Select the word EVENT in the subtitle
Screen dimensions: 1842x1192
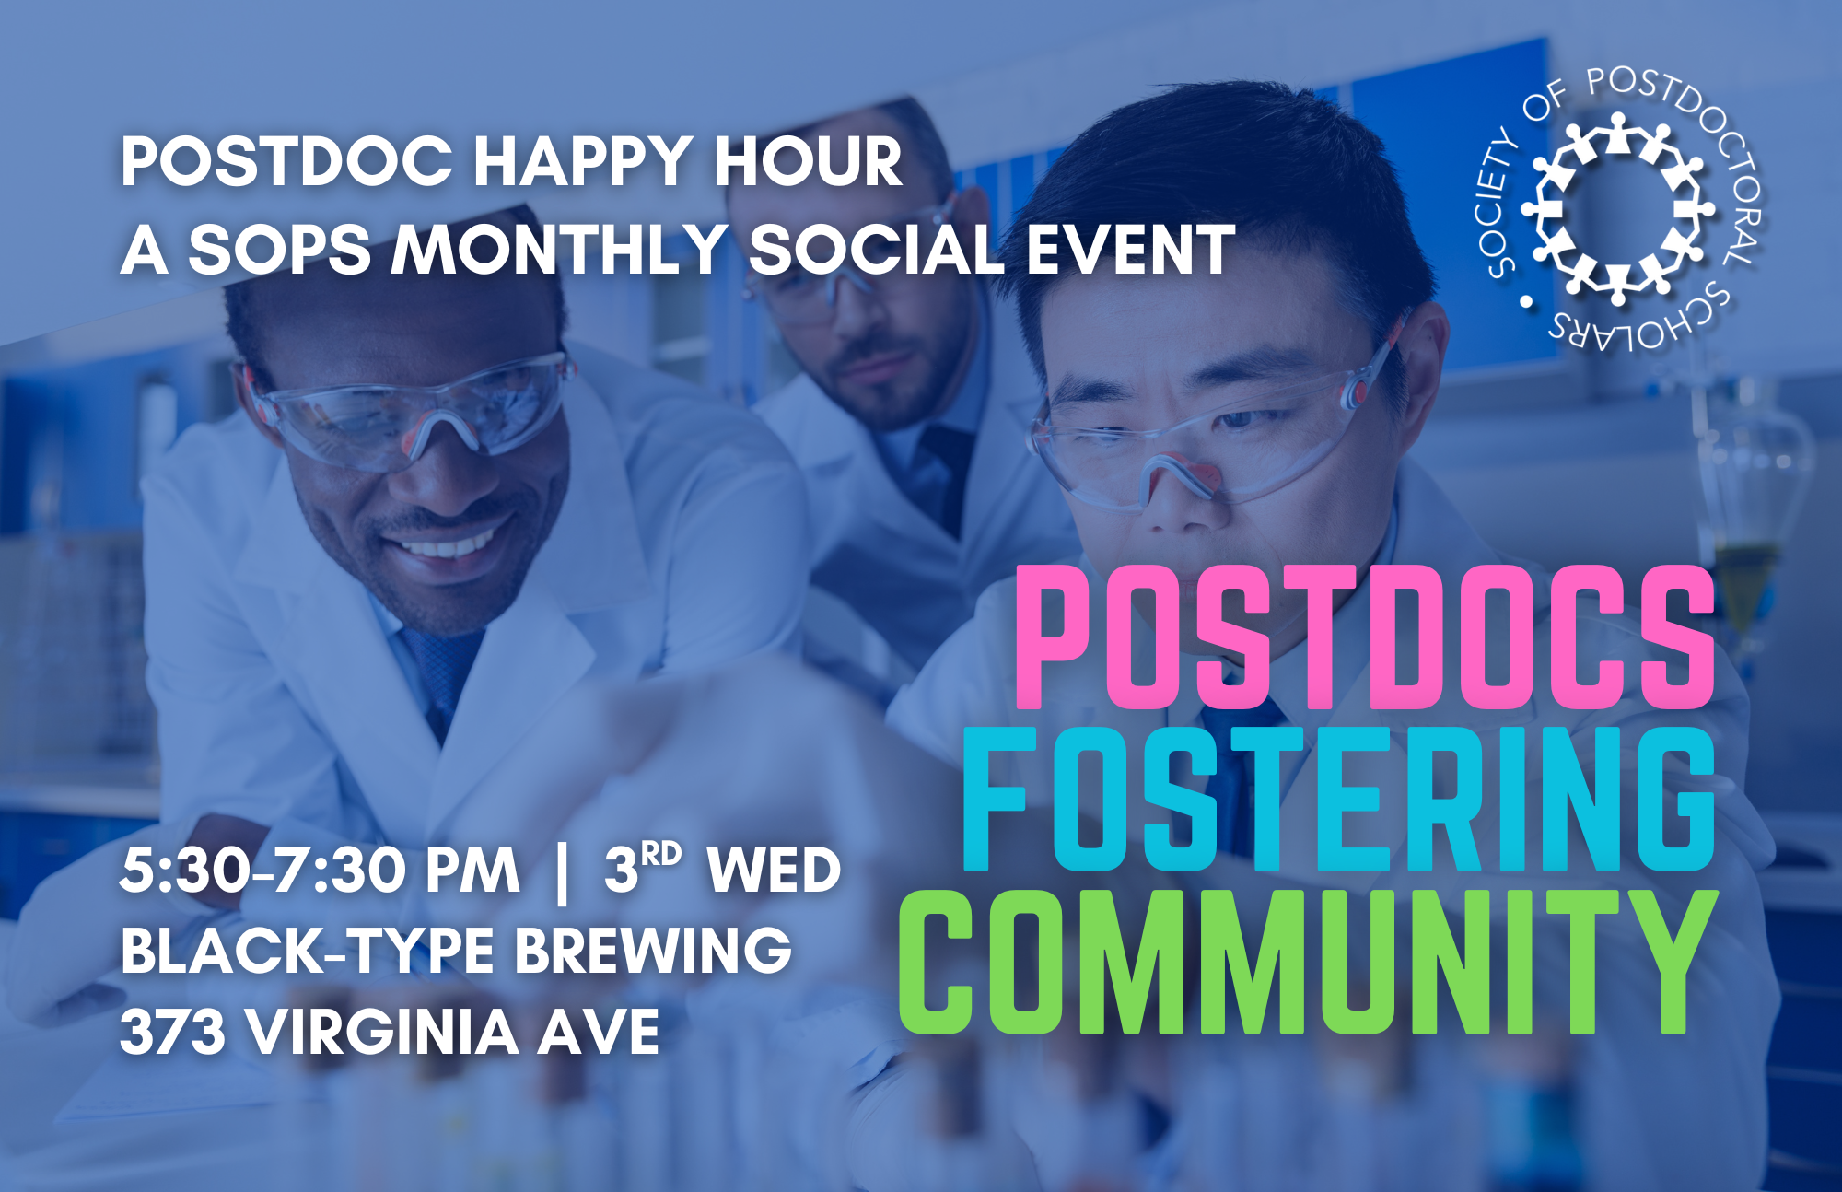[1130, 250]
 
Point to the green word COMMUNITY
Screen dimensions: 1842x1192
[1308, 963]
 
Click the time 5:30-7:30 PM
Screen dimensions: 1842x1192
[320, 871]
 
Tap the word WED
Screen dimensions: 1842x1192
[774, 871]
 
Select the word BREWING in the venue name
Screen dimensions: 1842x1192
[653, 950]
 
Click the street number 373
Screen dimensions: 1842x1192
[172, 1031]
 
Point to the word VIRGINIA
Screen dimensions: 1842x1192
[383, 1031]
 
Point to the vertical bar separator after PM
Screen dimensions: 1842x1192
[563, 871]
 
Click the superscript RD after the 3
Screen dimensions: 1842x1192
[661, 854]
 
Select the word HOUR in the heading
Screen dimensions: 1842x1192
[810, 162]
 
